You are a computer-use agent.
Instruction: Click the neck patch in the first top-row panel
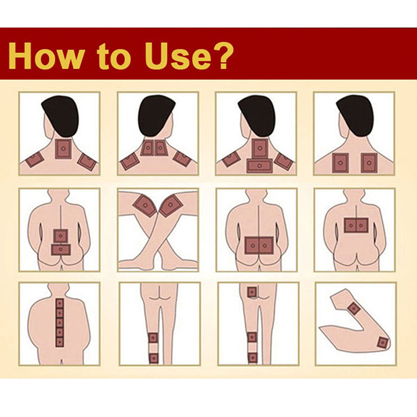pos(63,149)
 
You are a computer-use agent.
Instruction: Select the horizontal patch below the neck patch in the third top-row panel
pos(260,165)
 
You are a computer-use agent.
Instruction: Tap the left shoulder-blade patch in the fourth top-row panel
pos(340,163)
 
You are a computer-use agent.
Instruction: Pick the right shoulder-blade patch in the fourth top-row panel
pos(369,163)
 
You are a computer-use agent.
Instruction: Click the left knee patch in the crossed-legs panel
pos(145,205)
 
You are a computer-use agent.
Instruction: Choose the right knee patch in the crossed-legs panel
pos(171,205)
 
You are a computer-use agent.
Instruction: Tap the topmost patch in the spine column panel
pos(59,303)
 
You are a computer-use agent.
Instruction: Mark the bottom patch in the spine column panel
pos(59,341)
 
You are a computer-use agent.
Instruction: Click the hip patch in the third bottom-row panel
pos(252,292)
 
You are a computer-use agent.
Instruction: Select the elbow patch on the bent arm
pos(383,342)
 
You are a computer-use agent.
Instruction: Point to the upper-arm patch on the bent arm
pos(353,308)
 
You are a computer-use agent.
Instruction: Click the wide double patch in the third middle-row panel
pos(259,246)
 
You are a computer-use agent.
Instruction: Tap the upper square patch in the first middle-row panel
pos(60,236)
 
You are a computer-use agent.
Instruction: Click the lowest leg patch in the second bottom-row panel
pos(153,358)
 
